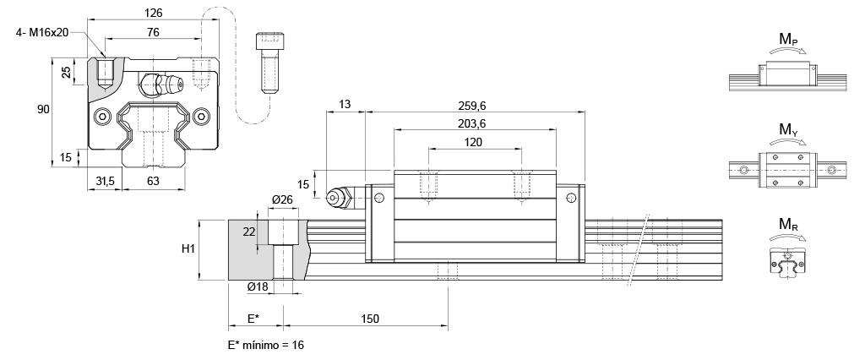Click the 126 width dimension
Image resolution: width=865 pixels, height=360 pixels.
pos(153,14)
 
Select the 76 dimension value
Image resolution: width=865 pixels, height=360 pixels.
pos(153,32)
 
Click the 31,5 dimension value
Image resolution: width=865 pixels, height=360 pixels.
pos(105,181)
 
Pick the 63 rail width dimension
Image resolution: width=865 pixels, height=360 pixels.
pos(153,181)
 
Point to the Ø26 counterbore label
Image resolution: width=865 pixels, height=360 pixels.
pos(281,199)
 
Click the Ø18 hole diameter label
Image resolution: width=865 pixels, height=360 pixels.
pos(258,287)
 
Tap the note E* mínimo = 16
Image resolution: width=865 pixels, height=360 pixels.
pos(266,346)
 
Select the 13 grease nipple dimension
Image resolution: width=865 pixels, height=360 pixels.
pos(345,104)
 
